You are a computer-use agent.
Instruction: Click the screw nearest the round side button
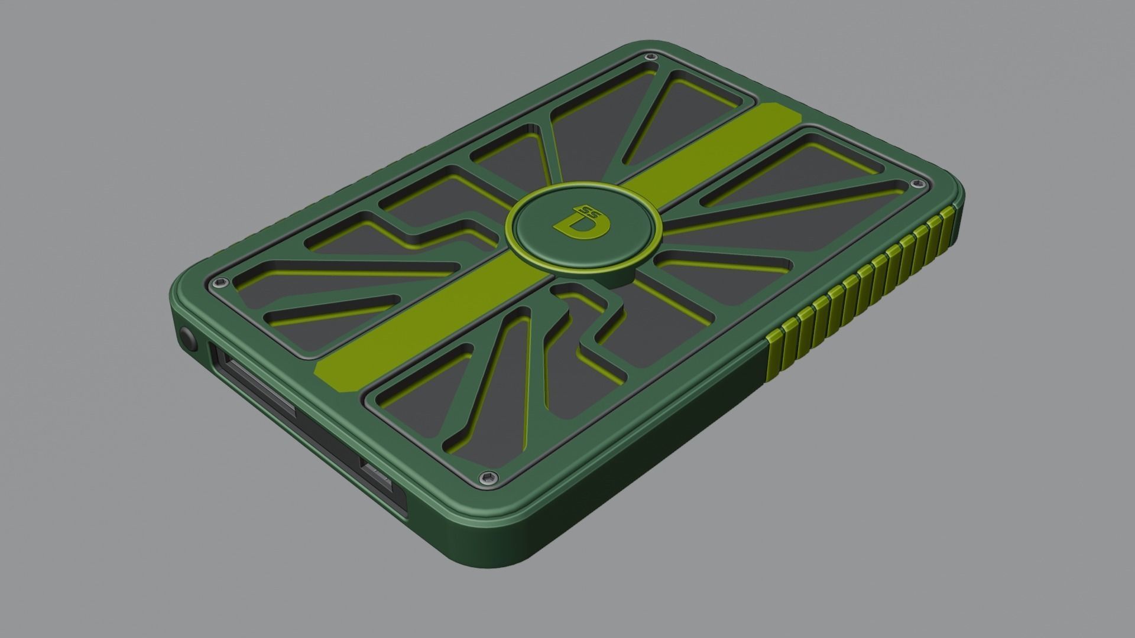click(x=222, y=283)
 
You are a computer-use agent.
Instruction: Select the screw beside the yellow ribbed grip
click(x=916, y=184)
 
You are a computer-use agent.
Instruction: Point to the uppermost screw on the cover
click(x=651, y=57)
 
